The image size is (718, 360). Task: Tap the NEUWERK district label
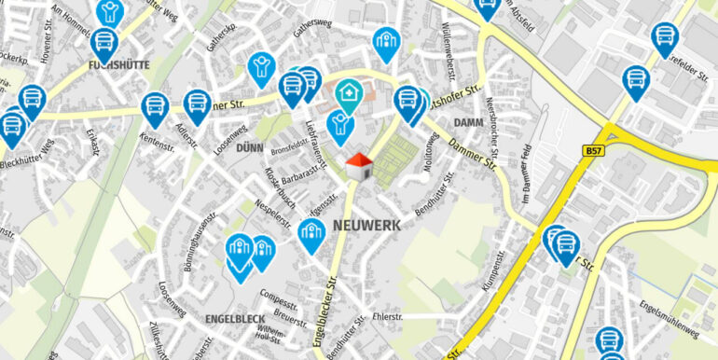366,226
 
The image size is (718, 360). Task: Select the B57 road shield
593,150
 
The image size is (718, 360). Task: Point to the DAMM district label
467,123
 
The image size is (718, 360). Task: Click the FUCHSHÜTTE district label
119,66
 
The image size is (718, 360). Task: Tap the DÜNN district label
250,148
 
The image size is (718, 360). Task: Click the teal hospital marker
349,94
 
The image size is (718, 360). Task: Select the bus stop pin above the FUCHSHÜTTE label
104,43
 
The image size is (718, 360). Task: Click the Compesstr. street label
278,300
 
